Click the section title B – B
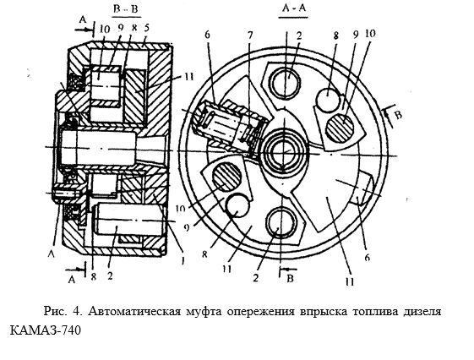[x=126, y=8]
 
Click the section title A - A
[x=293, y=8]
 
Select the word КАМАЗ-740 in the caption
[x=46, y=330]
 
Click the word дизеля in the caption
[x=422, y=312]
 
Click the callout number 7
[x=250, y=35]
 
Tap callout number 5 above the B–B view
[x=147, y=28]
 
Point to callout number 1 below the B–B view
[x=182, y=260]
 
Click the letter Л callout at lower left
[x=52, y=254]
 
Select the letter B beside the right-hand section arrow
[x=399, y=115]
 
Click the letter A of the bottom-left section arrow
[x=71, y=280]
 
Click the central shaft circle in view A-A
[x=284, y=150]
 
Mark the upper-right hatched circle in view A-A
[x=341, y=128]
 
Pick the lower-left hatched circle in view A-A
[x=227, y=177]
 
